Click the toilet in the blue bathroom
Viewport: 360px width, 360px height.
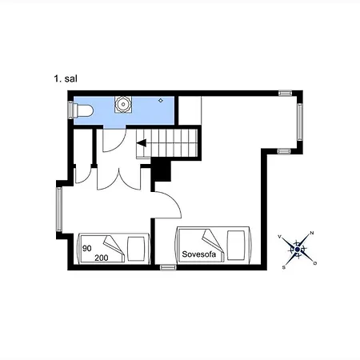[x=83, y=110]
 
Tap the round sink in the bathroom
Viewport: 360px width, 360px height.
[x=123, y=104]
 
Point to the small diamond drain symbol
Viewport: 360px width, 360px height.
[x=161, y=101]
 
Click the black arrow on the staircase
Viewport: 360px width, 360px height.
[x=142, y=143]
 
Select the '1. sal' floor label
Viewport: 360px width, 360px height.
[x=66, y=78]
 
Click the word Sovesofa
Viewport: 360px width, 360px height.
[x=198, y=254]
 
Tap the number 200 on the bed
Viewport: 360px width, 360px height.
[x=102, y=258]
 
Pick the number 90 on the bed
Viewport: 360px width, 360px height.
[x=87, y=248]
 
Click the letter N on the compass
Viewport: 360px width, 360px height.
[x=312, y=233]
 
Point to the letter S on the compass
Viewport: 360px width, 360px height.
[x=284, y=267]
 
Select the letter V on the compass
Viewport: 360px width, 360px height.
[x=279, y=237]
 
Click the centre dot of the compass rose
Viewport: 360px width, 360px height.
[x=298, y=250]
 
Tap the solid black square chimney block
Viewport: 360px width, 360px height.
[x=161, y=171]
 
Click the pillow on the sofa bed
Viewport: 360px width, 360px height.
[x=236, y=246]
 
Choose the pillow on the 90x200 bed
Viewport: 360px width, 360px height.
[x=137, y=249]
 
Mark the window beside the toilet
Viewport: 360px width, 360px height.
[x=70, y=110]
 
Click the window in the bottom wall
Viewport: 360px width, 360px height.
[x=168, y=267]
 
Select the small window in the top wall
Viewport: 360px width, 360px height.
[x=285, y=93]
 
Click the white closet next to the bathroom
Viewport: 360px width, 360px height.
[x=190, y=110]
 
